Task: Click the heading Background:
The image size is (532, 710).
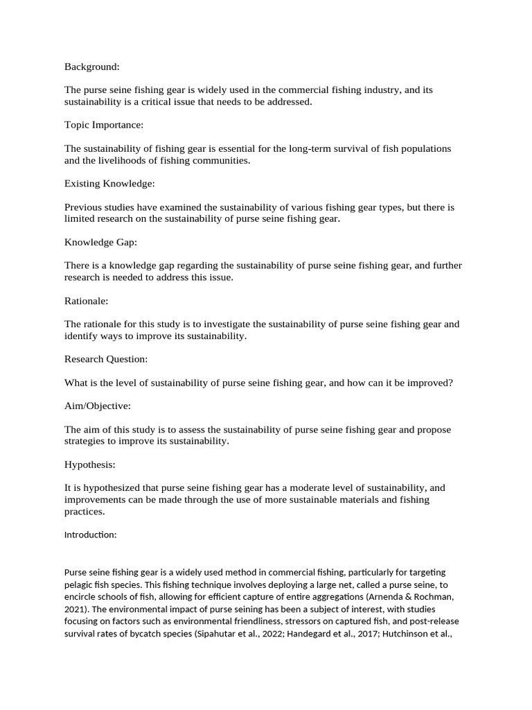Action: tap(92, 67)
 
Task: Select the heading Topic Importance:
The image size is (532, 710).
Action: tap(104, 125)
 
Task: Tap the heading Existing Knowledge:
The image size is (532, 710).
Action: tap(109, 184)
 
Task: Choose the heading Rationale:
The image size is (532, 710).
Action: tap(87, 301)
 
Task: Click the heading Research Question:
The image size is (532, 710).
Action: tap(106, 359)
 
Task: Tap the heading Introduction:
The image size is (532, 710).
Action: tap(91, 535)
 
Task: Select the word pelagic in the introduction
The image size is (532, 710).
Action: tap(80, 585)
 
